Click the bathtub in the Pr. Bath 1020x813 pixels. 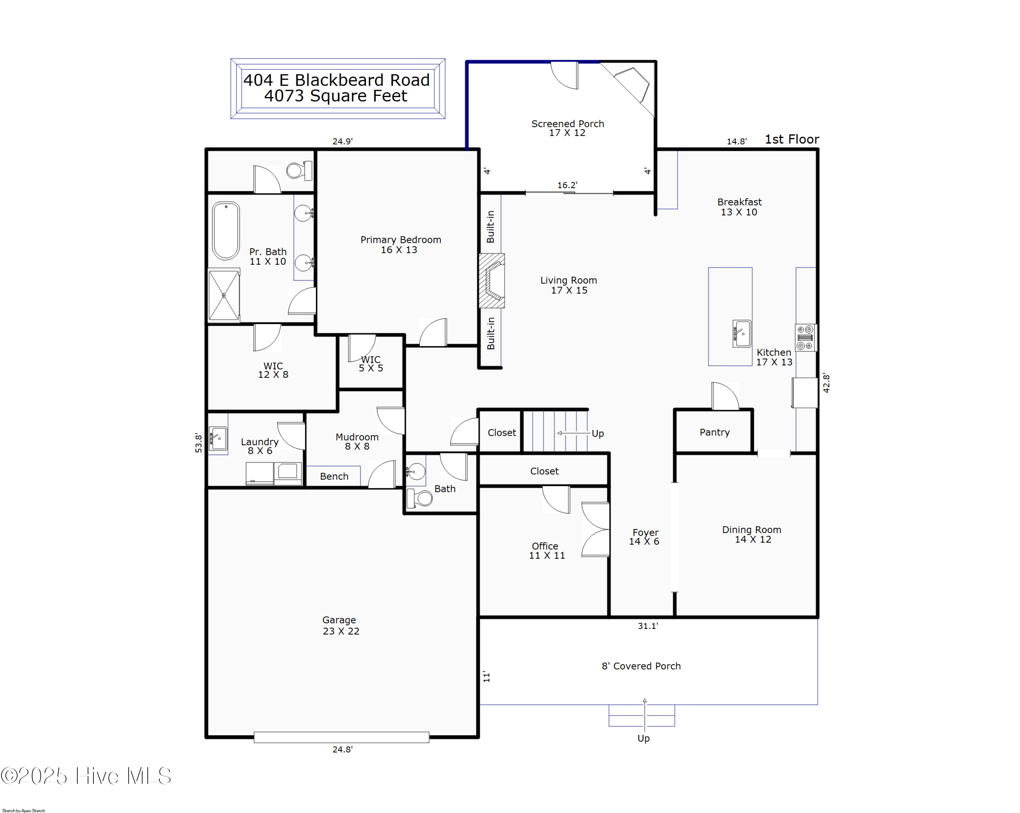[x=226, y=231]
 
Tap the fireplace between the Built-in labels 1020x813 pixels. [x=492, y=281]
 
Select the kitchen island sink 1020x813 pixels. [x=741, y=334]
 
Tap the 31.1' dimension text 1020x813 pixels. [x=647, y=626]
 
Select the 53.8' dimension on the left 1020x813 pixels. [x=198, y=443]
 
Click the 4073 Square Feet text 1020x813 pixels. [x=336, y=96]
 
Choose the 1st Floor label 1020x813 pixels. [x=792, y=139]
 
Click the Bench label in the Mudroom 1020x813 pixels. [x=334, y=476]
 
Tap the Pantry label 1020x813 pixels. [x=714, y=432]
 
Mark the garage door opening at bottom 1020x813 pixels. [x=341, y=737]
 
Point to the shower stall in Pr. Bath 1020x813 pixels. [x=224, y=296]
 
